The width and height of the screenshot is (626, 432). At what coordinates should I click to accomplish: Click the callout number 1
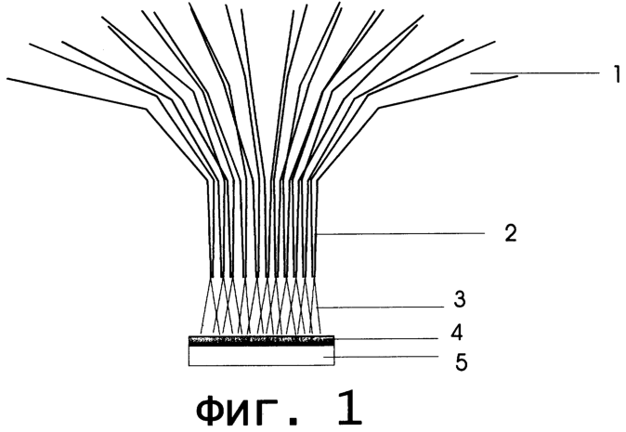tap(618, 74)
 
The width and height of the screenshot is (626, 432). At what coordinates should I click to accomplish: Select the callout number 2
tap(511, 233)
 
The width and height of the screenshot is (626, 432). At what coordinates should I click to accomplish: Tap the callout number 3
tap(460, 299)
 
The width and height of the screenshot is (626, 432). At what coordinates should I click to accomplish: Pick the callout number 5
tap(461, 362)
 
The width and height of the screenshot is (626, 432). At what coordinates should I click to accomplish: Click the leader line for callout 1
tap(535, 73)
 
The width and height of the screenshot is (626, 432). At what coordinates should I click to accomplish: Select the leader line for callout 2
tap(400, 233)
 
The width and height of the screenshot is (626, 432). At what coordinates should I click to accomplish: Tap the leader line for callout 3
tap(382, 308)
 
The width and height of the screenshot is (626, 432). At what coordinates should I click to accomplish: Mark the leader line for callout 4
tap(386, 339)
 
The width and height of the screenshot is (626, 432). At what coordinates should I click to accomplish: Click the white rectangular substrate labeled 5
tap(262, 356)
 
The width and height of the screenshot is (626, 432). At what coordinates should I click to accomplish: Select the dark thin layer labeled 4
tap(262, 341)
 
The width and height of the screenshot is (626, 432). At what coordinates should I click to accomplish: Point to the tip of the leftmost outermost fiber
tap(7, 78)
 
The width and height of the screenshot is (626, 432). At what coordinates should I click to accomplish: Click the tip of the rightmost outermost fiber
tap(518, 76)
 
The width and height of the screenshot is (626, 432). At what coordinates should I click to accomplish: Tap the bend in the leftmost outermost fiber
tap(146, 109)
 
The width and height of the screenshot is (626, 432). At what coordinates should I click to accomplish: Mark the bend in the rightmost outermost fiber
tap(378, 108)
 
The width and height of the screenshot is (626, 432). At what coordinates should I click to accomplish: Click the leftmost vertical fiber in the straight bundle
tap(209, 229)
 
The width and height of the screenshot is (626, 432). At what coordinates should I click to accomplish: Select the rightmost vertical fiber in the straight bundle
tap(316, 229)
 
